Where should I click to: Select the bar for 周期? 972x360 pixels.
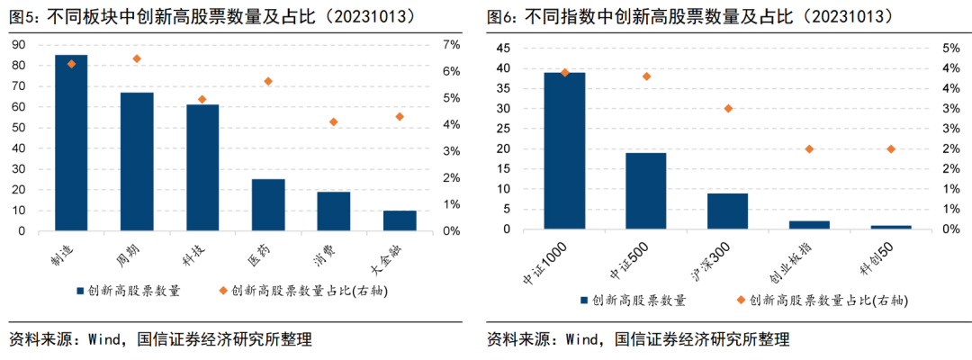tap(137, 161)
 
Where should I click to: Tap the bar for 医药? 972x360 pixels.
tap(268, 204)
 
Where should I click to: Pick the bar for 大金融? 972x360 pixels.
tap(399, 220)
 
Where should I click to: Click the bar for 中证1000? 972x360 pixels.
tap(564, 150)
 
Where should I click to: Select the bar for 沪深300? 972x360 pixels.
tap(727, 211)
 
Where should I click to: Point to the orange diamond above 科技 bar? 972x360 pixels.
tap(202, 99)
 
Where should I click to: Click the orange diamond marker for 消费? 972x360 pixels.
tap(333, 121)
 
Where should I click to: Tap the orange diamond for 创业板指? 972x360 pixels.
tap(809, 148)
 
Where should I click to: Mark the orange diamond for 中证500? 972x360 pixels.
tap(646, 76)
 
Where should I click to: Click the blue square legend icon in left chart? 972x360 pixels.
tap(80, 291)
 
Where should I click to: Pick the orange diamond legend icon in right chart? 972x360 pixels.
tap(742, 300)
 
